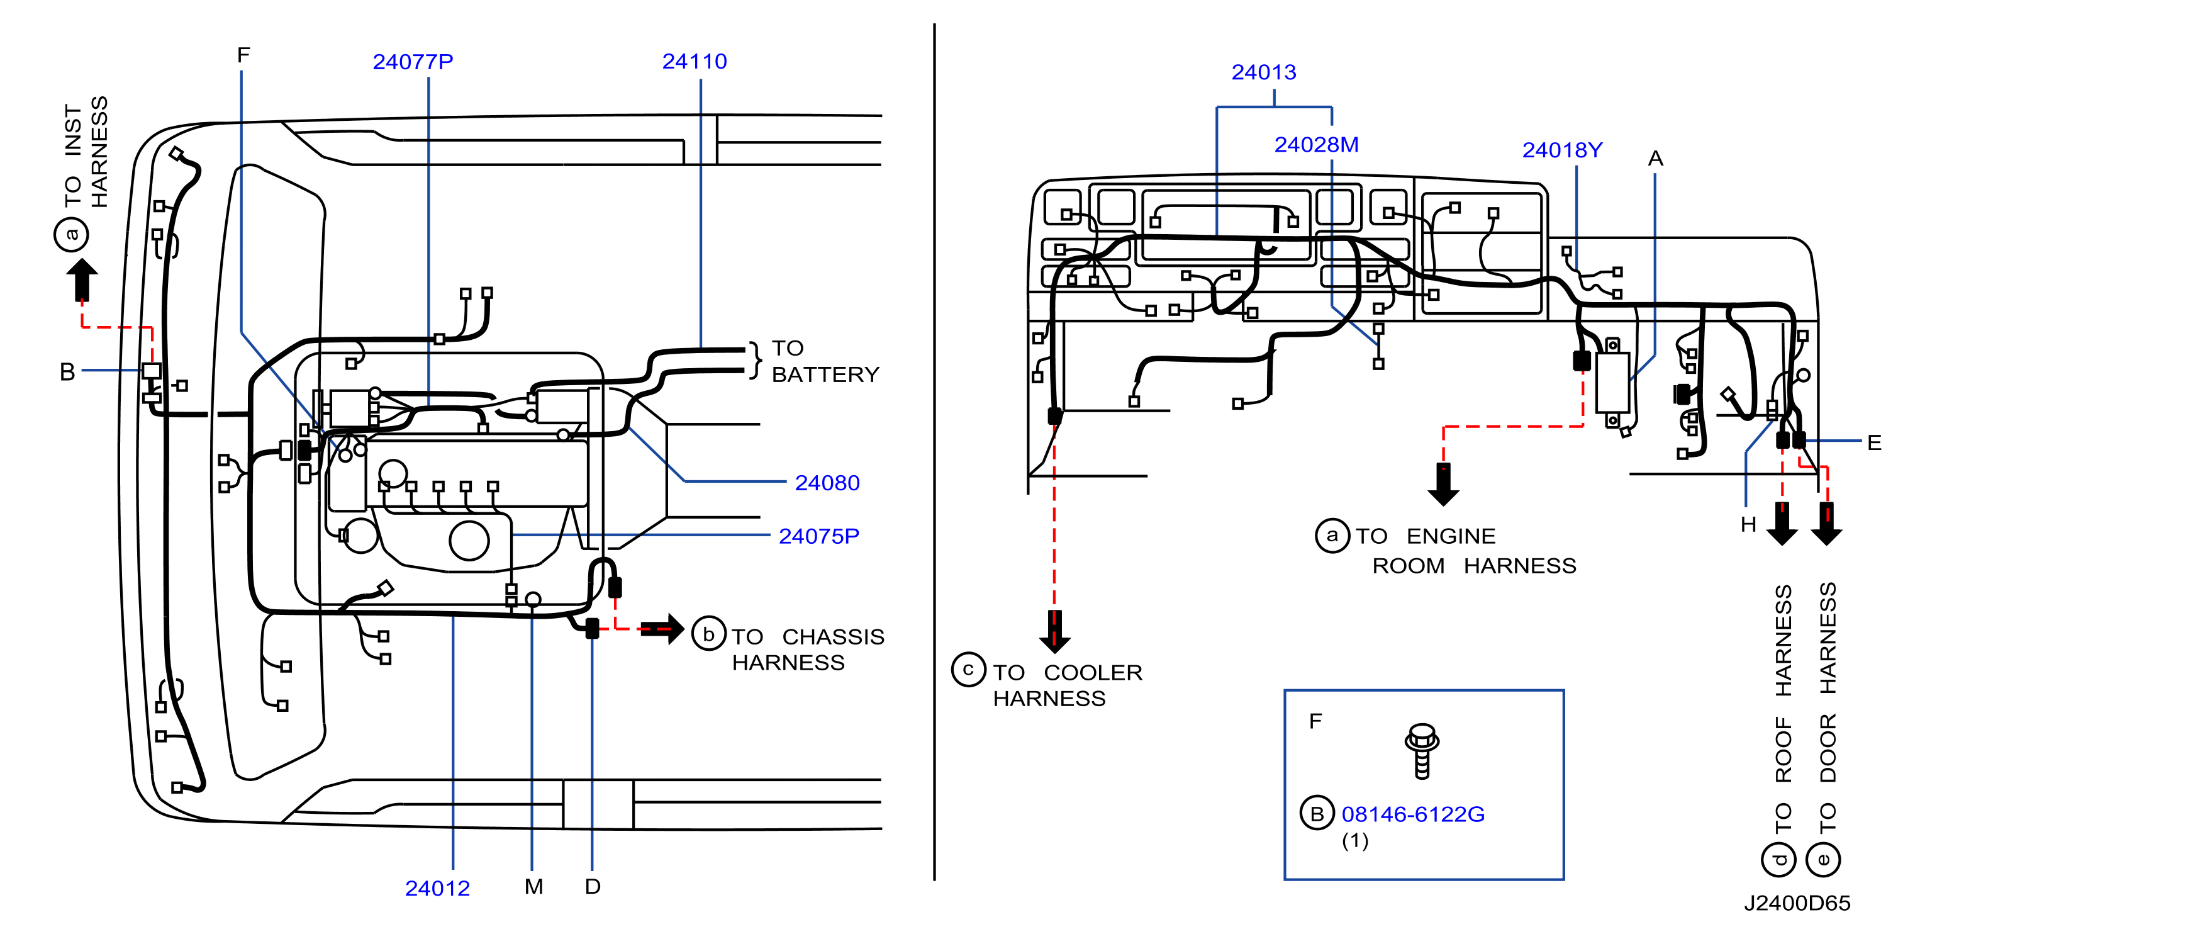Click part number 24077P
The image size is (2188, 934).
413,62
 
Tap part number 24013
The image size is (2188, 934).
1264,72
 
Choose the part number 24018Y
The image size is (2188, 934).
1562,150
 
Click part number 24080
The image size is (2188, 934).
827,483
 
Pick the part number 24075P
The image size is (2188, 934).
819,536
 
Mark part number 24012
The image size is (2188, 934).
437,888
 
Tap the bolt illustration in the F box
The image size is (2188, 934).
1422,750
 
